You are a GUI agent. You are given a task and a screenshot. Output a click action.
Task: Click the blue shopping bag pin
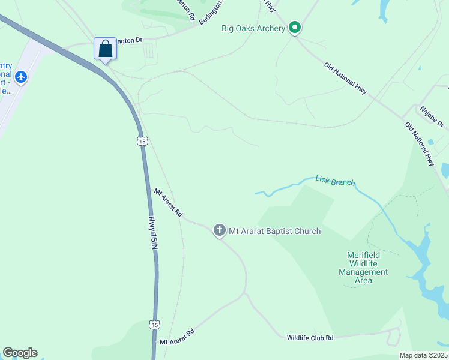pyautogui.click(x=105, y=49)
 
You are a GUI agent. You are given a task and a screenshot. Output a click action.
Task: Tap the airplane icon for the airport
pyautogui.click(x=22, y=77)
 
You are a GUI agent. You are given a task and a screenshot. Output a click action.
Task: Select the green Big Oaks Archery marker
pyautogui.click(x=294, y=28)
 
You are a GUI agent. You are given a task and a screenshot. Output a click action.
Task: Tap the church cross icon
pyautogui.click(x=219, y=230)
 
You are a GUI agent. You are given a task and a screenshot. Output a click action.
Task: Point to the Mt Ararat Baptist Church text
pyautogui.click(x=274, y=231)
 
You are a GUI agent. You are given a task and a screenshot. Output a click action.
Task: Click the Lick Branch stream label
pyautogui.click(x=335, y=181)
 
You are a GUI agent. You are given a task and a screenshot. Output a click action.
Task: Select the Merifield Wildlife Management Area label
pyautogui.click(x=363, y=268)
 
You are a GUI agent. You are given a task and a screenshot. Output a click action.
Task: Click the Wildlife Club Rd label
pyautogui.click(x=310, y=338)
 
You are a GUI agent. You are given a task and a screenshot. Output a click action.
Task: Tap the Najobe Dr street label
pyautogui.click(x=432, y=116)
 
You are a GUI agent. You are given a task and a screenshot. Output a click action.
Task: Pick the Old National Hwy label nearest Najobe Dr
pyautogui.click(x=419, y=143)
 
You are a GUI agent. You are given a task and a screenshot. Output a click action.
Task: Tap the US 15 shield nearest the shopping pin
pyautogui.click(x=141, y=141)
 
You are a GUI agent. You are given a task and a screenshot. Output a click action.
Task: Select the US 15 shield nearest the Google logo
pyautogui.click(x=154, y=325)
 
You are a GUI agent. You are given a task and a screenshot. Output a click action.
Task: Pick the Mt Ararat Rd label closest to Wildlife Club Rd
pyautogui.click(x=177, y=337)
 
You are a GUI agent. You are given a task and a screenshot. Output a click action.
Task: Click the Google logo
pyautogui.click(x=20, y=353)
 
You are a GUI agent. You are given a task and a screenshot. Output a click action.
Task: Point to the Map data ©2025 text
pyautogui.click(x=423, y=355)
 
